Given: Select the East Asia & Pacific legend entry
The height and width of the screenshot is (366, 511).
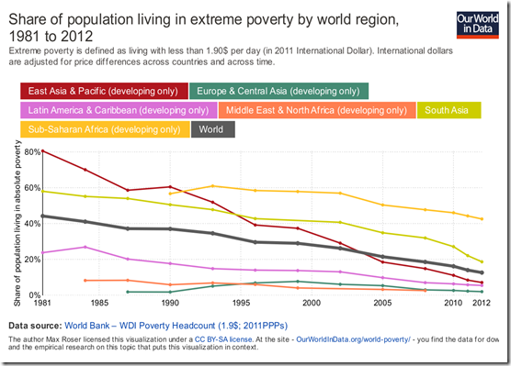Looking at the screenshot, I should tap(102, 90).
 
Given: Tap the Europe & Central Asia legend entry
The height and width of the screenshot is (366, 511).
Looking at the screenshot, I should tap(278, 90).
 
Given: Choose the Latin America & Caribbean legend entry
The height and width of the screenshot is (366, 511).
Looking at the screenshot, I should tap(117, 110).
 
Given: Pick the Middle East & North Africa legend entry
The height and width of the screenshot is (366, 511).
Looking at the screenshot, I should tap(314, 110).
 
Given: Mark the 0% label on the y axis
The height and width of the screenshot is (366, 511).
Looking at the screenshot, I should tap(34, 294).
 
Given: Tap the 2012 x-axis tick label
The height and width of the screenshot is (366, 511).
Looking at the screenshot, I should tap(481, 302).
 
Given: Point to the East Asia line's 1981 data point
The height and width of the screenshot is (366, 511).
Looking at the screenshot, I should tap(42, 150).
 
